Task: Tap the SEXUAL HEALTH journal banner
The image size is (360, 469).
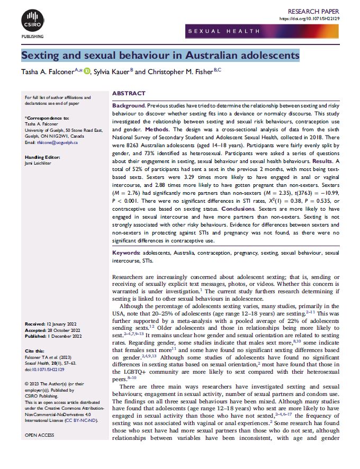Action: (x=223, y=32)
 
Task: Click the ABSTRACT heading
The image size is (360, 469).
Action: (x=129, y=93)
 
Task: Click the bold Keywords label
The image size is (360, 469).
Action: (x=126, y=254)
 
